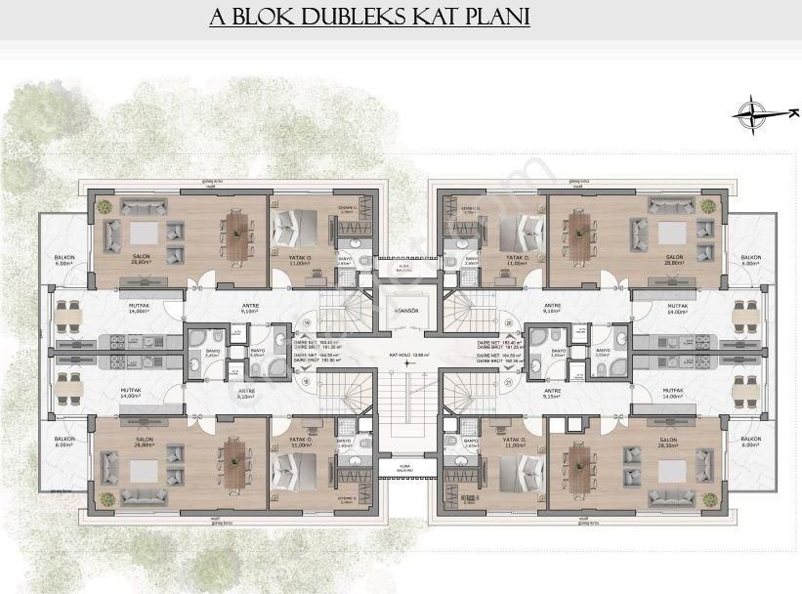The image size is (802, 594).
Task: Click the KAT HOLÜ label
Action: point(402,357)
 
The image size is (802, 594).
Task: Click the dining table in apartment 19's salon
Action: point(237,232)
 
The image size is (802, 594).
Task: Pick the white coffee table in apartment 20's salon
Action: point(671,233)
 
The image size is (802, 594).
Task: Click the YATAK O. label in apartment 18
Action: point(301,444)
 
